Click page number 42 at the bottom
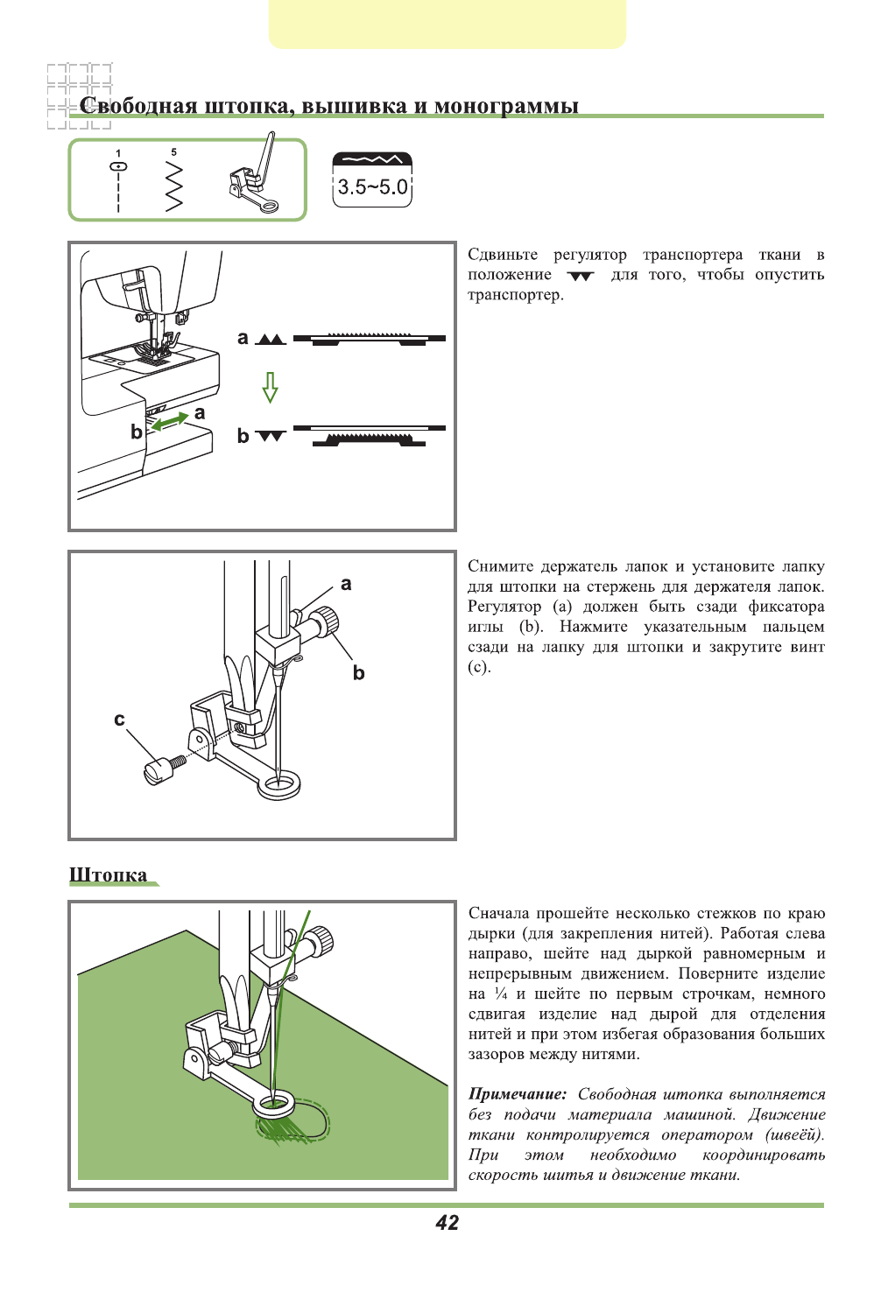(447, 1223)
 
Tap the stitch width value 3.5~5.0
(372, 187)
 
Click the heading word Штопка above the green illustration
(109, 874)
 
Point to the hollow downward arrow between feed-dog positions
(271, 386)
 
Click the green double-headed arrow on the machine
(170, 421)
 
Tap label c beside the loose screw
(120, 720)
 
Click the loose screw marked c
(161, 769)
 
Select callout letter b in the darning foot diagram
(358, 672)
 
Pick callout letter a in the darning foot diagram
(346, 584)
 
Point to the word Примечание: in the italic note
(517, 1094)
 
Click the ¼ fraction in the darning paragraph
(501, 994)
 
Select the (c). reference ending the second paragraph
(479, 667)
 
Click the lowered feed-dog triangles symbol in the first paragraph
(580, 276)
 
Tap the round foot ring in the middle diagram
(279, 783)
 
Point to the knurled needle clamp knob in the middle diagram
(329, 622)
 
